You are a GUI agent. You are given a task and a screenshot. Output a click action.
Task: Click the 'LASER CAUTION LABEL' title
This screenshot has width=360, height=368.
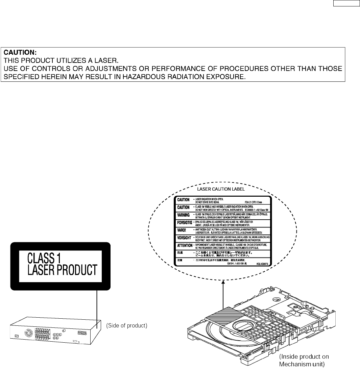(x=221, y=190)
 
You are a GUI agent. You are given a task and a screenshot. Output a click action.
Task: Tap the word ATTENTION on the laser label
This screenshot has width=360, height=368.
(x=185, y=245)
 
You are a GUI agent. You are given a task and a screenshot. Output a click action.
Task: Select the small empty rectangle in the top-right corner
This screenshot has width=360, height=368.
(x=347, y=4)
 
